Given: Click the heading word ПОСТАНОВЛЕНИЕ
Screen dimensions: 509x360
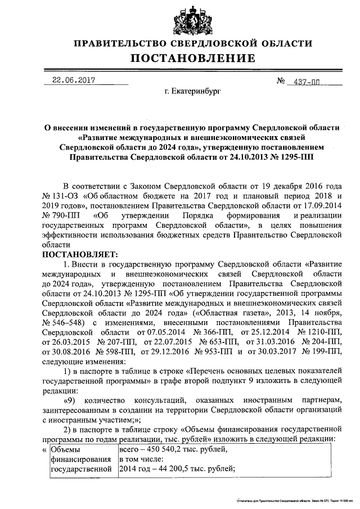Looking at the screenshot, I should point(193,58).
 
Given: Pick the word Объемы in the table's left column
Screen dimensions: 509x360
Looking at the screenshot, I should point(66,449).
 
